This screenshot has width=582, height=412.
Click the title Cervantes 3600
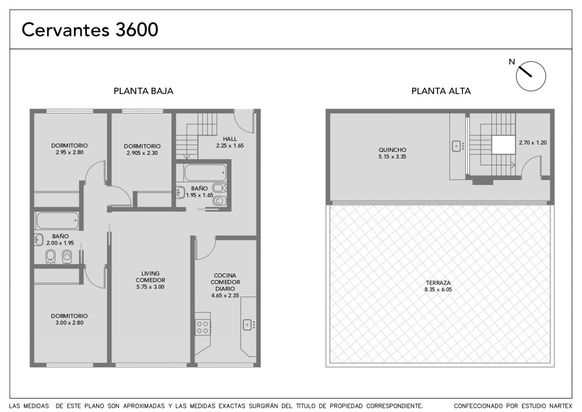[x=90, y=30]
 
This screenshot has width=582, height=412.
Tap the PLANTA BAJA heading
[x=143, y=91]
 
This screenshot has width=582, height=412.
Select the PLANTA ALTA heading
[x=441, y=91]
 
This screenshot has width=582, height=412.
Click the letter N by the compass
[x=512, y=62]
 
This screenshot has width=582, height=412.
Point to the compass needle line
[x=525, y=72]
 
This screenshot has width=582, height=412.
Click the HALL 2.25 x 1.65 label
[x=230, y=142]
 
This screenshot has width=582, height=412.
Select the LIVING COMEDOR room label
[x=150, y=277]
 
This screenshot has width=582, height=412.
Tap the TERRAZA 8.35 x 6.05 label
[x=438, y=286]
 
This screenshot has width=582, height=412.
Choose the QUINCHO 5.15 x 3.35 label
[x=392, y=153]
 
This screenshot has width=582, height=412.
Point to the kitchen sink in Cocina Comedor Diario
[x=247, y=325]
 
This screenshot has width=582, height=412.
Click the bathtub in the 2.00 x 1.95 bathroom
[x=57, y=221]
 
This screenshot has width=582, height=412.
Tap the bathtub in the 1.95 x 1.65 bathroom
[x=205, y=173]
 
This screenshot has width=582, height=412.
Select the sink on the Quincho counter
[x=456, y=146]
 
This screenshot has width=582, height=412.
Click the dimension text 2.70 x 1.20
[x=533, y=142]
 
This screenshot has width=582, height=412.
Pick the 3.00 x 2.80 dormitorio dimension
[x=70, y=323]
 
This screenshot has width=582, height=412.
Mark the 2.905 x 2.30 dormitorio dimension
[x=142, y=153]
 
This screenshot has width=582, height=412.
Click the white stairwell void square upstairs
[x=503, y=145]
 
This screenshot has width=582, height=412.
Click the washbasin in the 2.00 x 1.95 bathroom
[x=39, y=240]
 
